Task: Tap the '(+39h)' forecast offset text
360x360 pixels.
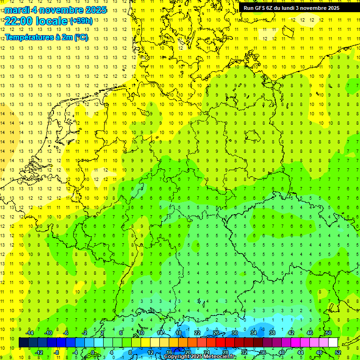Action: (81, 21)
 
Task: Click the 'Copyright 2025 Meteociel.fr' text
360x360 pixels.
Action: (199, 357)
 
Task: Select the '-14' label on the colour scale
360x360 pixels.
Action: (30, 333)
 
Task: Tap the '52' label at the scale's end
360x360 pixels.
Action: (337, 352)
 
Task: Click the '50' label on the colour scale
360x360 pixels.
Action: (328, 333)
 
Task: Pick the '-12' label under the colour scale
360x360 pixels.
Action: (39, 352)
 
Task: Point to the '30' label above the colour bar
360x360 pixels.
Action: (234, 333)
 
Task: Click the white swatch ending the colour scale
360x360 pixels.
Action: (333, 343)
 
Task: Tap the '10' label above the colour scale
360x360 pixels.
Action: (141, 333)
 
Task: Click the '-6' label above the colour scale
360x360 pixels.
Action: (66, 333)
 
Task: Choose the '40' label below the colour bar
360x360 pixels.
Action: (281, 352)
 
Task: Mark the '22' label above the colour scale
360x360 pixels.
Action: (197, 333)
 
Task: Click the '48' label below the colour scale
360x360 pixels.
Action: (319, 352)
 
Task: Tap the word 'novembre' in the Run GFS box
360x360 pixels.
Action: (315, 8)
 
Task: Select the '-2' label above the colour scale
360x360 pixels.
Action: (85, 333)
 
